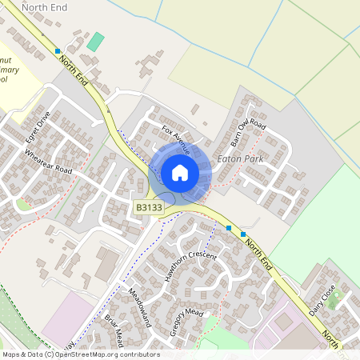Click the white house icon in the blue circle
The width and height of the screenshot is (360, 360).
coord(180,172)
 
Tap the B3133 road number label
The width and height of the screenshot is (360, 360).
coord(148,208)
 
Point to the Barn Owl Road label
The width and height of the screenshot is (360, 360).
coord(246,134)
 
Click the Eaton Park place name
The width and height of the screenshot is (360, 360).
coord(240,160)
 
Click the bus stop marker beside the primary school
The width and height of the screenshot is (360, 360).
coord(58,51)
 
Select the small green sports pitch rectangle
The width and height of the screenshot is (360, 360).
coord(96,42)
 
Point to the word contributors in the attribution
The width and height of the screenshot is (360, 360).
coord(141,354)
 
